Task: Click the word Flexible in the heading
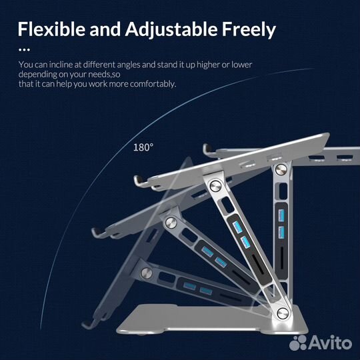pos(51,29)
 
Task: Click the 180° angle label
pos(143,147)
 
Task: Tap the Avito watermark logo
pos(321,342)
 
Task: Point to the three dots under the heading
pos(24,49)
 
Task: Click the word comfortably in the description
pos(153,84)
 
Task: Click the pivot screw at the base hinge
pos(283,313)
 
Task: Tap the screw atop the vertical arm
pos(281,170)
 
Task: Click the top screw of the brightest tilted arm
pos(215,186)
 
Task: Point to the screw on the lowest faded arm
pos(147,273)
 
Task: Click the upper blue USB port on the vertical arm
pos(281,215)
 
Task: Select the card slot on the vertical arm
pos(282,258)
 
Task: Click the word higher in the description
pos(208,65)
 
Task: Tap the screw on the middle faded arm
pos(171,223)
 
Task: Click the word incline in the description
pos(61,65)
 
